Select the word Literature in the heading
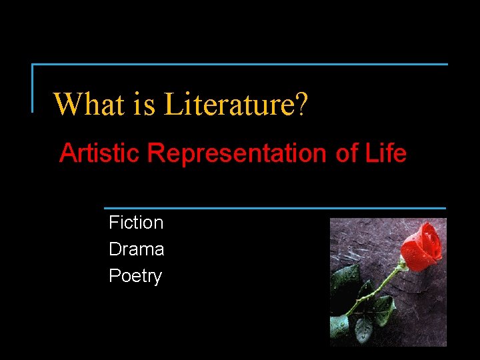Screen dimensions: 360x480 (x=229, y=104)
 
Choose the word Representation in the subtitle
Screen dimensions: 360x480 (x=238, y=154)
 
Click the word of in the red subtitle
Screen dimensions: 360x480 (x=347, y=154)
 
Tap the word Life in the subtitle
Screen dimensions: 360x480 (x=385, y=154)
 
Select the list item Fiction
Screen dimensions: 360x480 (x=136, y=223)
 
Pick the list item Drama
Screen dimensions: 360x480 (x=137, y=249)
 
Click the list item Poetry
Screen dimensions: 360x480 (x=135, y=276)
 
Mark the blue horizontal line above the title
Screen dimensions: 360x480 (x=240, y=65)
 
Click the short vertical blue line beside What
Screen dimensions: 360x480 (x=33, y=88)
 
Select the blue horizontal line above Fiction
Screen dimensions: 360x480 (x=275, y=208)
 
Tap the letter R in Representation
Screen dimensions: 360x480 (x=156, y=154)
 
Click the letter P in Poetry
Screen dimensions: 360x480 (x=114, y=276)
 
